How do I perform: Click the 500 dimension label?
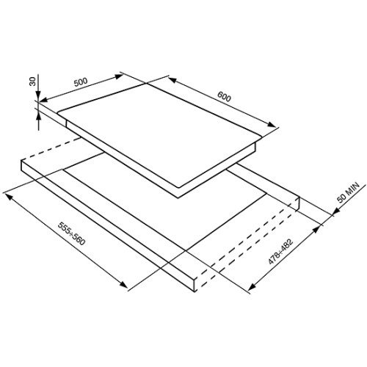(x=81, y=82)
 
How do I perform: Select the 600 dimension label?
(x=224, y=97)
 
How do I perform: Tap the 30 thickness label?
(x=32, y=81)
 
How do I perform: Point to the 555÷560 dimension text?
(x=72, y=233)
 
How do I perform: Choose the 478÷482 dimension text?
(x=280, y=252)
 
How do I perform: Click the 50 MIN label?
(x=349, y=192)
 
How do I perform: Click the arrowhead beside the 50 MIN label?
(x=336, y=211)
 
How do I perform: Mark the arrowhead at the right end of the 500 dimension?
(x=119, y=76)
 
